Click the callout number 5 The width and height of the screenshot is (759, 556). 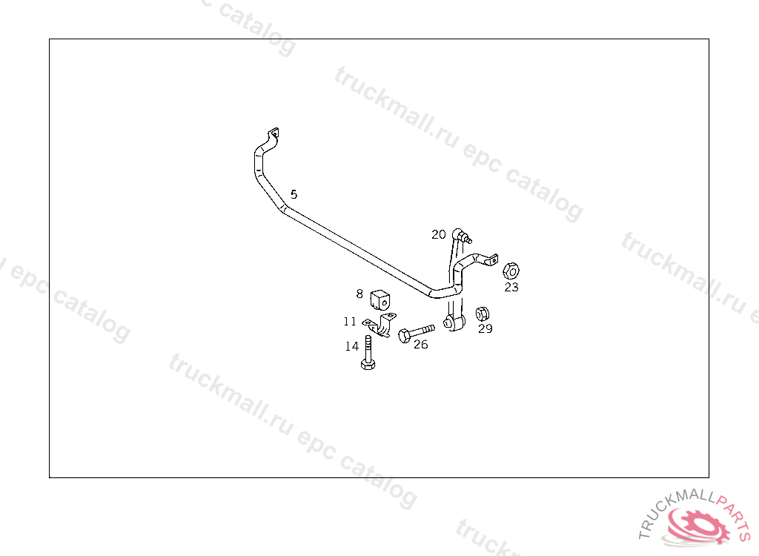pyautogui.click(x=294, y=194)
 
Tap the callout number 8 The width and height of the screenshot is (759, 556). pyautogui.click(x=359, y=294)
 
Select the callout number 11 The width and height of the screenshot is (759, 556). pyautogui.click(x=350, y=322)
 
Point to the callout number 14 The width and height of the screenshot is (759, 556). pyautogui.click(x=351, y=346)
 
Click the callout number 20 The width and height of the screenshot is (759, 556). pyautogui.click(x=439, y=234)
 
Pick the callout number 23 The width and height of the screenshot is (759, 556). pyautogui.click(x=511, y=287)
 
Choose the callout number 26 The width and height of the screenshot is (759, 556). pyautogui.click(x=420, y=344)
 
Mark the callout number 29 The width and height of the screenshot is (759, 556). pyautogui.click(x=485, y=328)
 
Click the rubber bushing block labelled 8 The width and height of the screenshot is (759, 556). pyautogui.click(x=380, y=299)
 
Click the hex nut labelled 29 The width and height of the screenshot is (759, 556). pyautogui.click(x=482, y=312)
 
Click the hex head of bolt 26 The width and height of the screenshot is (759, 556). pyautogui.click(x=403, y=336)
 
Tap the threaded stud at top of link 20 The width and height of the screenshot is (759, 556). pyautogui.click(x=468, y=239)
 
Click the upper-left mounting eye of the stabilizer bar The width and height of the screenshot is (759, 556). pyautogui.click(x=274, y=133)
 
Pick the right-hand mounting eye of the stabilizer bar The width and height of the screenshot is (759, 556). pyautogui.click(x=491, y=259)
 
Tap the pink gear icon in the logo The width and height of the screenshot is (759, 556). pyautogui.click(x=697, y=527)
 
